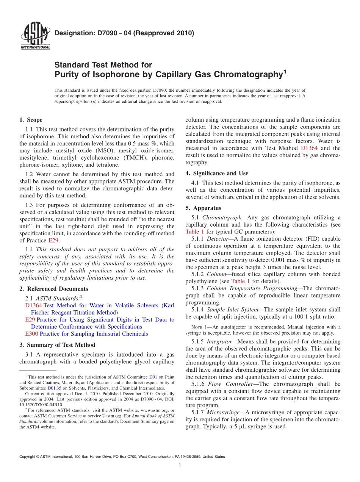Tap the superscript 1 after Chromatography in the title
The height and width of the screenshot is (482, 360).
pos(285,71)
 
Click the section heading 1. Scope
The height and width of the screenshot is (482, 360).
pos(31,120)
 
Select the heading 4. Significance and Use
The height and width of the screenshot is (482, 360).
pos(217,173)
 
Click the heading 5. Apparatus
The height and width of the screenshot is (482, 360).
pos(203,208)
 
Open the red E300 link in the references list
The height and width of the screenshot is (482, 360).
pos(31,334)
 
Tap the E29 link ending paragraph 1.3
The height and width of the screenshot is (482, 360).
pos(53,241)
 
